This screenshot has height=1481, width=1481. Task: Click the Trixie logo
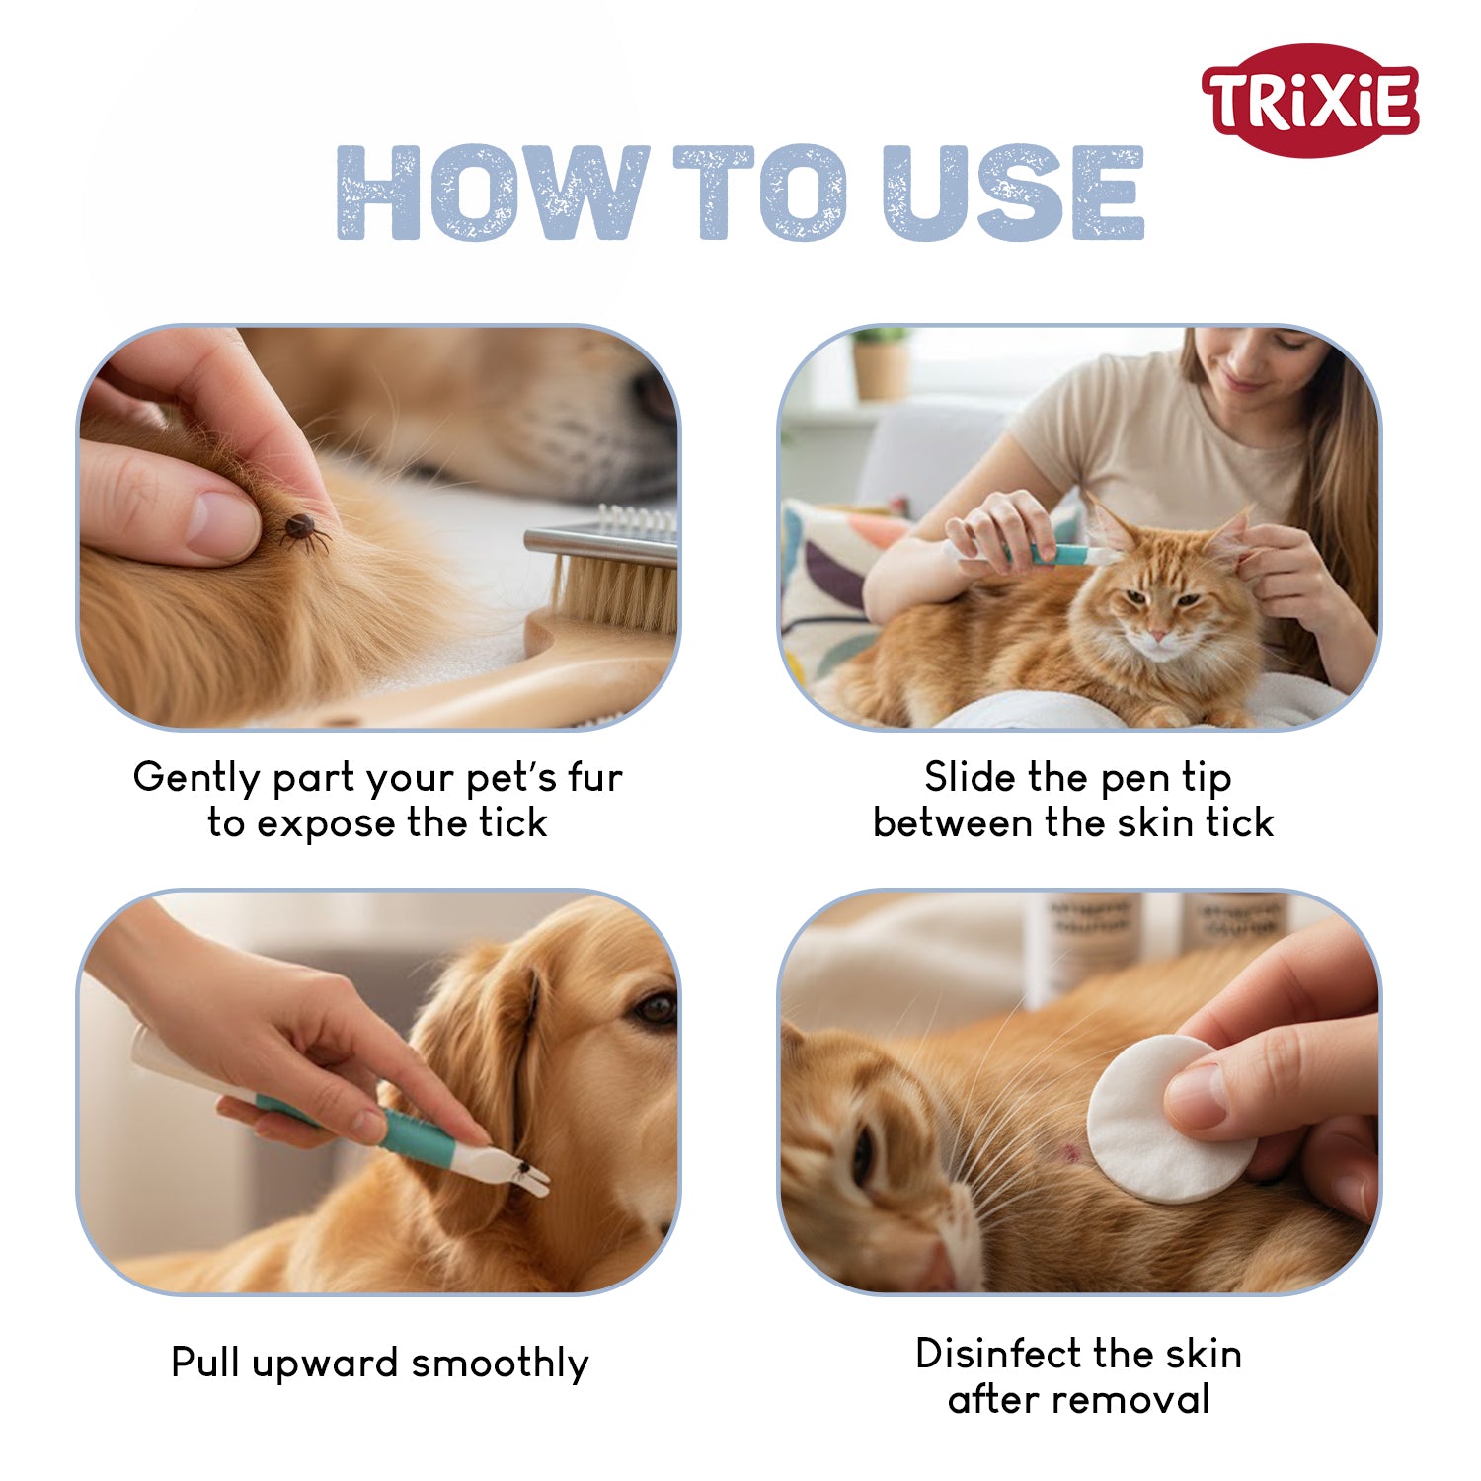click(x=1310, y=100)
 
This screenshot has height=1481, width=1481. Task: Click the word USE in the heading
click(x=1014, y=193)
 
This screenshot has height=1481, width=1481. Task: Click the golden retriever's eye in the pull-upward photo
click(x=655, y=1008)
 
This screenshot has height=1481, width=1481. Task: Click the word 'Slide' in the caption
click(x=971, y=777)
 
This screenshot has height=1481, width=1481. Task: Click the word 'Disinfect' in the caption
click(x=998, y=1354)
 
